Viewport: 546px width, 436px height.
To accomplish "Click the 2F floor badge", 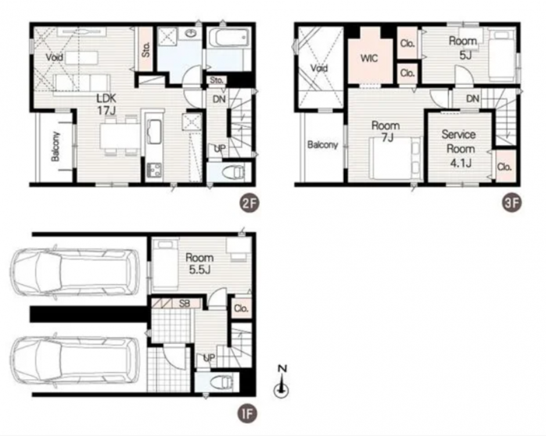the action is [249, 203].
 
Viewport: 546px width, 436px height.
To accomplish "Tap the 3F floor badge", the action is [512, 203].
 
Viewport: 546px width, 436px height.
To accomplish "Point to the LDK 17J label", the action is [106, 105].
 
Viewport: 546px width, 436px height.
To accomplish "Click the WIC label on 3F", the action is [369, 58].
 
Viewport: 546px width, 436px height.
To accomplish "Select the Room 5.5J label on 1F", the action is [199, 263].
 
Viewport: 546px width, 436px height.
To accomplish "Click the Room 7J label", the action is [386, 131].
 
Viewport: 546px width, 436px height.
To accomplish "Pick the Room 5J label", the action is [463, 47].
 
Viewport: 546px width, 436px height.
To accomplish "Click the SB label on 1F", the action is [185, 303].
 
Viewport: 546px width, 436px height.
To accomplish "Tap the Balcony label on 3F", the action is [322, 145].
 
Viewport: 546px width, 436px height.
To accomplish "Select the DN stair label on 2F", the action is [219, 99].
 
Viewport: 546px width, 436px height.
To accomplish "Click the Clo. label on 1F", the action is [241, 309].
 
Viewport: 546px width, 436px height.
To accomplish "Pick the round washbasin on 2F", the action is [190, 34].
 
